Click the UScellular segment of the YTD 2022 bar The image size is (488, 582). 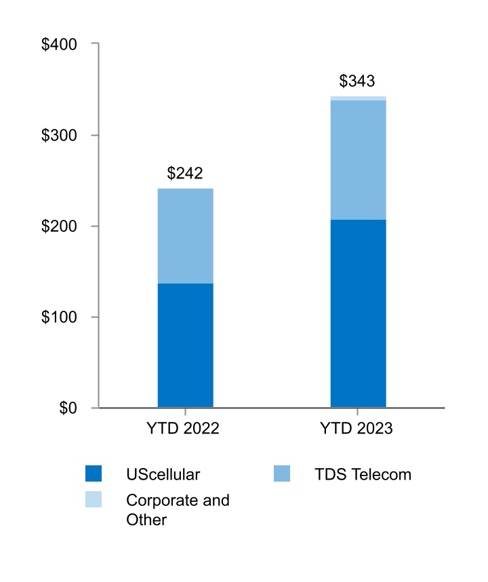[x=185, y=345]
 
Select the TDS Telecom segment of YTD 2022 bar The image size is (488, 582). [x=185, y=235]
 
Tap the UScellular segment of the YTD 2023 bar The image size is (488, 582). [x=358, y=313]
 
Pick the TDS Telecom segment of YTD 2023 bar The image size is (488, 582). [x=358, y=160]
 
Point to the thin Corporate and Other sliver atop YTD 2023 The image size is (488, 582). [x=358, y=98]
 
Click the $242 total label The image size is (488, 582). [x=185, y=174]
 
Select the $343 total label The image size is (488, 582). [x=357, y=82]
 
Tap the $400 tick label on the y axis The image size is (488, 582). [x=60, y=44]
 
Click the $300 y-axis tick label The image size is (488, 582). [x=60, y=136]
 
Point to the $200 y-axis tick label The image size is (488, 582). [x=60, y=227]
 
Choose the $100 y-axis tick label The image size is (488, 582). [x=60, y=317]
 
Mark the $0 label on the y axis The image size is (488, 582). [x=68, y=408]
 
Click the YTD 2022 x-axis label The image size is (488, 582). [x=183, y=429]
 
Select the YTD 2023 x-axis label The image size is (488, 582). [x=357, y=429]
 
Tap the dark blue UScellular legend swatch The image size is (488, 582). [x=94, y=474]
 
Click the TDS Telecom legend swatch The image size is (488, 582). [x=282, y=474]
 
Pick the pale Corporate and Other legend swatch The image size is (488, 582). [x=94, y=500]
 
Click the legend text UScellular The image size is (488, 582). [x=163, y=474]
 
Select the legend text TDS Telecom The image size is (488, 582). [x=363, y=474]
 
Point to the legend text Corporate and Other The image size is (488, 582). [x=178, y=510]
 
